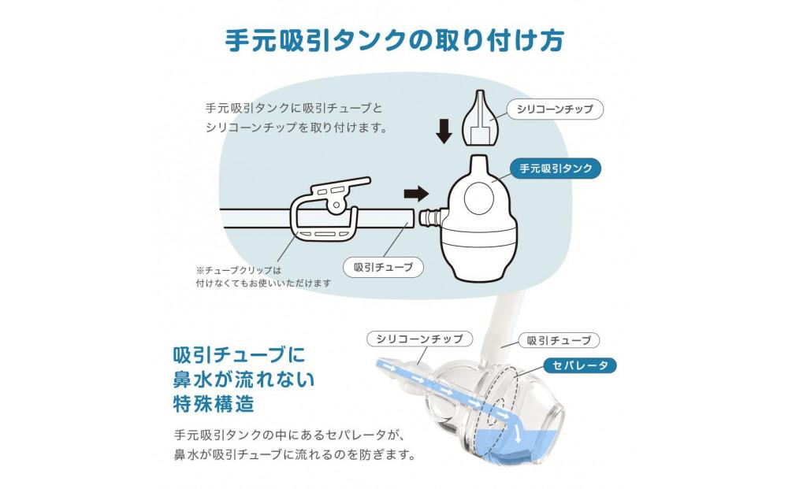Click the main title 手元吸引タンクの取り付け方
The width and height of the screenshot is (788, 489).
point(393,40)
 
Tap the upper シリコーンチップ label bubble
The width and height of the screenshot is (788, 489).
point(554,109)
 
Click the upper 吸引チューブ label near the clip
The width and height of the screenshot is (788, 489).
point(384,267)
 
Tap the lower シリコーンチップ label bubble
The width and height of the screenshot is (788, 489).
point(420,339)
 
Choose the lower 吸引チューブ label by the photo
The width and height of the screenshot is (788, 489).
point(559,340)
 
